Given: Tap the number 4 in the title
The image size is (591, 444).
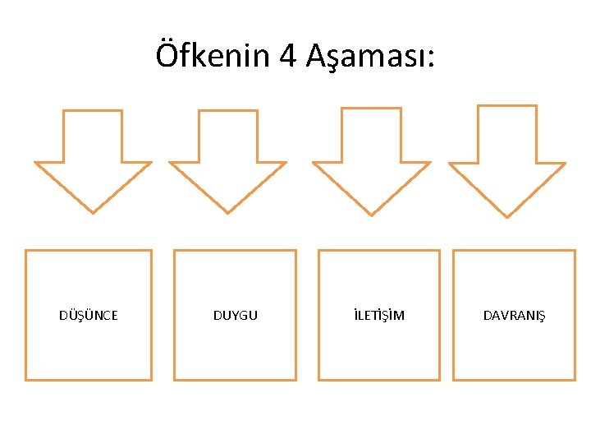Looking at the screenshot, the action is pos(288,56).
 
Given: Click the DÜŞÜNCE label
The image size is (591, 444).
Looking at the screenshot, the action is pos(89,316).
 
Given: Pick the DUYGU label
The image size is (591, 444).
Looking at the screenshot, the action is pos(235,316).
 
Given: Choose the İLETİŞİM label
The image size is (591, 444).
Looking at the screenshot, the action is pos(378,316).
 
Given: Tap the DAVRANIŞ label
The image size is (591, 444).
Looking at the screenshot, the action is pos(514,316).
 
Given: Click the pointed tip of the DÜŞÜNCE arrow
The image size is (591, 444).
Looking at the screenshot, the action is pos(93,210).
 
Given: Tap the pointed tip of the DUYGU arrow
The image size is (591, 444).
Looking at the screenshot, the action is pos(228,210).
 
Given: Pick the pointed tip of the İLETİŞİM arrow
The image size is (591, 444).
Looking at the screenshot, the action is pos(372,214).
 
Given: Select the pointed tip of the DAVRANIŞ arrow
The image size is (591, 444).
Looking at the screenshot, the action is pos(507,215).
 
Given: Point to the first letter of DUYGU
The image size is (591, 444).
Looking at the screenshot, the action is pos(217,316).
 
